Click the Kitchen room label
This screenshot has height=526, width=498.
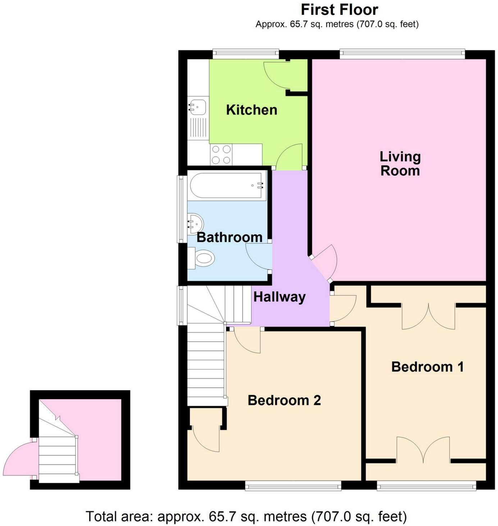pos(252,110)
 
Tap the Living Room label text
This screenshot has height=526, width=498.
pos(400,164)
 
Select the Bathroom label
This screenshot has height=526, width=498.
pos(229,237)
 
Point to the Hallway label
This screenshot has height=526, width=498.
pos(279,297)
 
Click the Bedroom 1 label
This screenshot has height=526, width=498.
pos(428,367)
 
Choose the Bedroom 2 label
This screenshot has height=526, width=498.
pos(284,400)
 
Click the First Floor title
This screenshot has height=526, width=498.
pos(339,10)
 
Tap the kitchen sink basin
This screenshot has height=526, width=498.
pos(197,106)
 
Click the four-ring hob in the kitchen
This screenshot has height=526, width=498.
pos(221,154)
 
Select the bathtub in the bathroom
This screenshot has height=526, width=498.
pos(227,186)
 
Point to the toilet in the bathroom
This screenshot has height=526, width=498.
pos(204,258)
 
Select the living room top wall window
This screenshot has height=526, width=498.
pos(402,54)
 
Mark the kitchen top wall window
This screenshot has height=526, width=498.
pos(245,54)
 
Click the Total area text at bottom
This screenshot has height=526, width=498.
pos(246,517)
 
